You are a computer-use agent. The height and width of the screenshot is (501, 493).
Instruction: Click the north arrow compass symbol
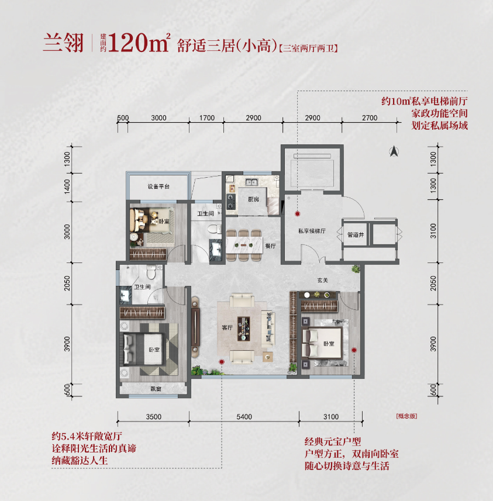coord(394,151)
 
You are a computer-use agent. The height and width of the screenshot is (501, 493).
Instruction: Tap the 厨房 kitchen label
coord(253,199)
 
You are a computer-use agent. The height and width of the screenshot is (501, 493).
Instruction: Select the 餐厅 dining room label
coord(271,246)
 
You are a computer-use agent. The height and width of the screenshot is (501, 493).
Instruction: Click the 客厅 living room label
coord(227,327)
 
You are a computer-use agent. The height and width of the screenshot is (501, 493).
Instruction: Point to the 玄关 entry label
coord(323,280)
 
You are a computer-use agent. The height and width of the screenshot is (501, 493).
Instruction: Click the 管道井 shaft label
coord(356,235)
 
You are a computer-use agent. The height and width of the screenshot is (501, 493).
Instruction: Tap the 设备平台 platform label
coord(158,186)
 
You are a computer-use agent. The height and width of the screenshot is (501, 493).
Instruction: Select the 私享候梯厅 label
coord(312,231)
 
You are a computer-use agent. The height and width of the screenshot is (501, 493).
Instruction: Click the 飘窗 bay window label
coord(156,389)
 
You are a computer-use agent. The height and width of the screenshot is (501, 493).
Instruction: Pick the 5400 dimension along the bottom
coord(244,417)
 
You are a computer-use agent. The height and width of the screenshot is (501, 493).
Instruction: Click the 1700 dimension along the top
coord(207,118)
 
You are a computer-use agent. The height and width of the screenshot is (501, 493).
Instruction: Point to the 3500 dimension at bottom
coord(153,417)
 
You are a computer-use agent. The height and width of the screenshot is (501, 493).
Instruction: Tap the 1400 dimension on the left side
coord(67,186)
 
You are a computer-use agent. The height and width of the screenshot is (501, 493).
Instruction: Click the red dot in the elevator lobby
coord(298,214)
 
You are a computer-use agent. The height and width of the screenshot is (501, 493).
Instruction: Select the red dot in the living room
coord(222,362)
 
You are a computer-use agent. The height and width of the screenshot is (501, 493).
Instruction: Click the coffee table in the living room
coord(244,329)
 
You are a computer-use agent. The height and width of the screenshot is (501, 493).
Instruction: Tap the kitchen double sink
coord(251,182)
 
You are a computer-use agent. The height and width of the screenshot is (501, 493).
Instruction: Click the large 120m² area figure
coord(139,43)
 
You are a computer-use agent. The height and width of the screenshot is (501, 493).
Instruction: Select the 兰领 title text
coord(64,43)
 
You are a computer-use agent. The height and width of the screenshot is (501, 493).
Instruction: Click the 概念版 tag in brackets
coord(406,416)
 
